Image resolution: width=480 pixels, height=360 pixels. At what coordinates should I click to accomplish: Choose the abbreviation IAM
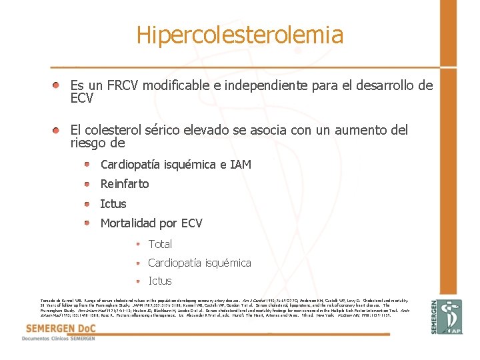(x=240, y=164)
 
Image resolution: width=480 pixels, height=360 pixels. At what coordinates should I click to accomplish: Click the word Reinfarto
(x=125, y=184)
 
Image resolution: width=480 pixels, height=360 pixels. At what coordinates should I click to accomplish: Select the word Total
(x=160, y=244)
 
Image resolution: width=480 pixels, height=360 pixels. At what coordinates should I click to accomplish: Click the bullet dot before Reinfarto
(x=87, y=183)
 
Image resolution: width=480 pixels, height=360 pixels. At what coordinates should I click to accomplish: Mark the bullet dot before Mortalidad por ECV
(x=87, y=223)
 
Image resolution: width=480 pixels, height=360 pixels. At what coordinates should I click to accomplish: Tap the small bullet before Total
(x=137, y=244)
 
